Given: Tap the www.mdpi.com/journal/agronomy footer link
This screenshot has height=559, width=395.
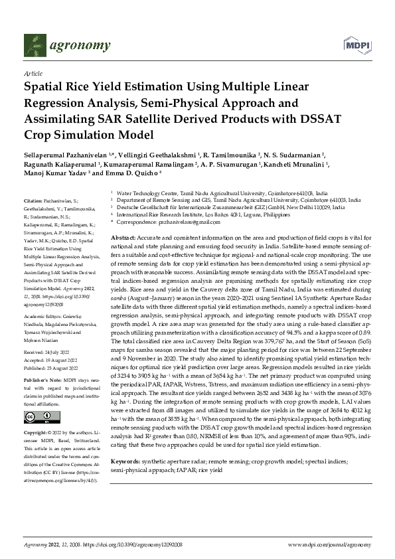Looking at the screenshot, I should (x=331, y=544).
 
